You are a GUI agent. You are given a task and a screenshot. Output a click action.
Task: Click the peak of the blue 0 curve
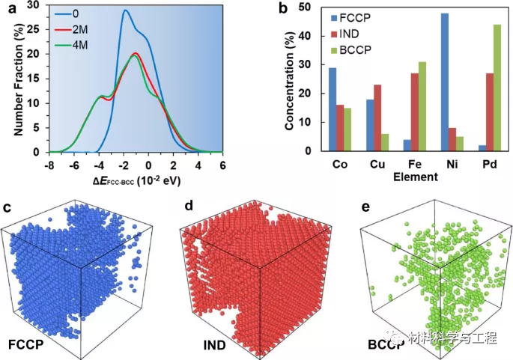(125, 10)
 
